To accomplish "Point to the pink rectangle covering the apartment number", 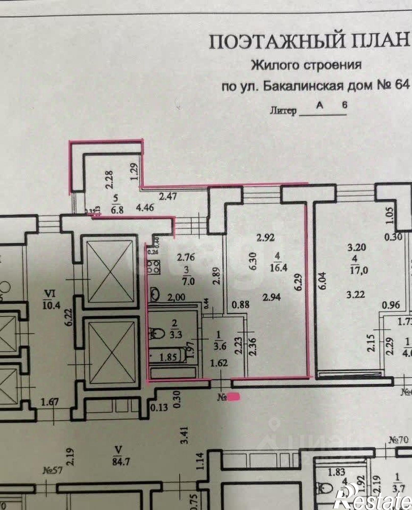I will [234, 403].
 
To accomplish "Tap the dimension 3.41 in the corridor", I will [185, 435].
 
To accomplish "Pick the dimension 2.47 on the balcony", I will [168, 197].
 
